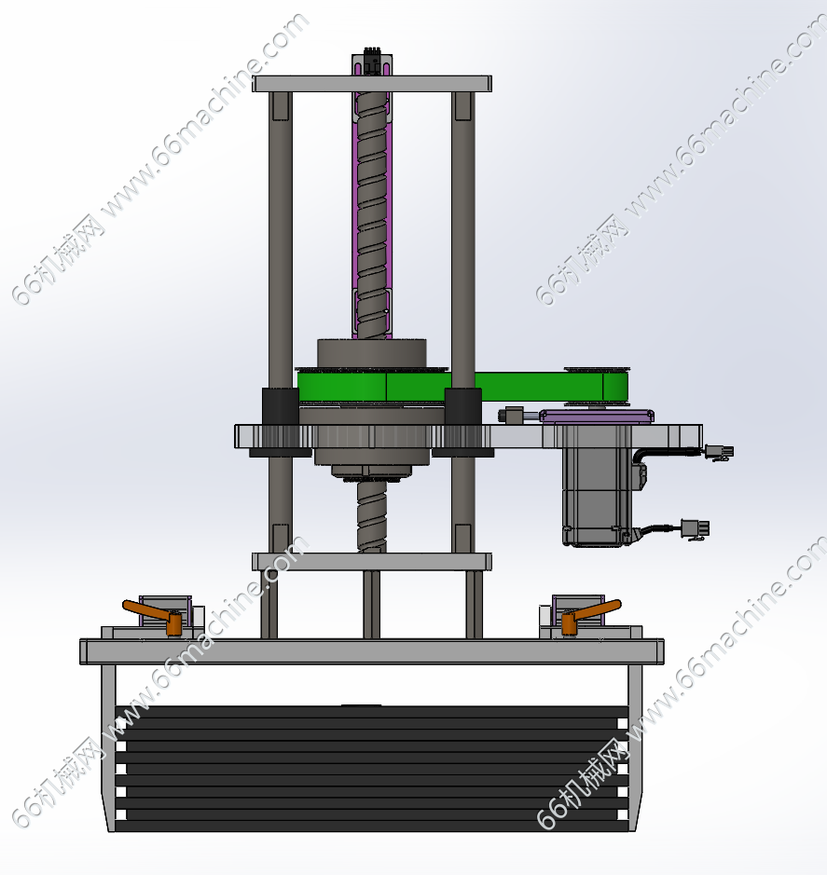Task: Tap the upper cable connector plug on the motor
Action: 719,452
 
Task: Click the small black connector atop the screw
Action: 372,61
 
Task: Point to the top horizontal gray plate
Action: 372,84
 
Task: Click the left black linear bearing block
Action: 281,406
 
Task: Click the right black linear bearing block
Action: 463,406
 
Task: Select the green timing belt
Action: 462,386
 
